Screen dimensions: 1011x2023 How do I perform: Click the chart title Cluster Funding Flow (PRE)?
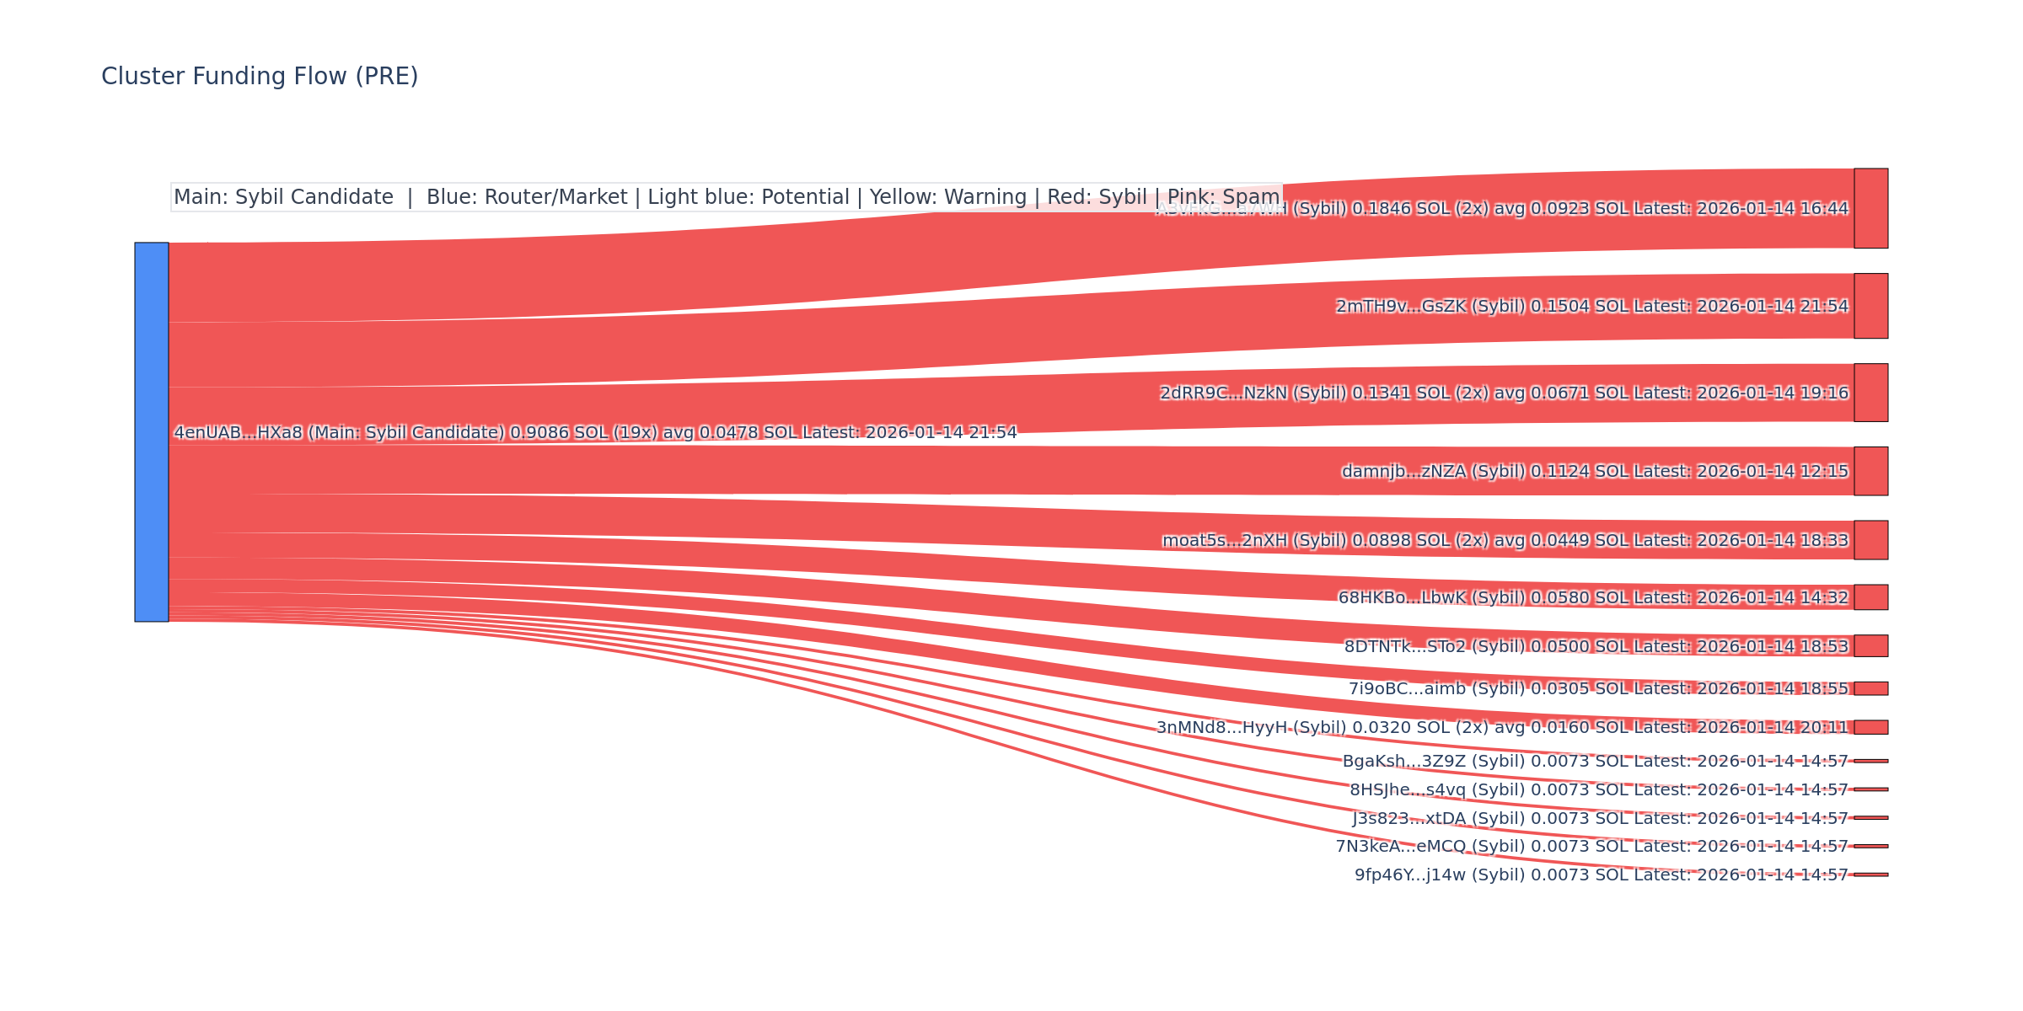pos(260,77)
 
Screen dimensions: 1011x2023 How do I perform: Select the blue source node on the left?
pos(152,431)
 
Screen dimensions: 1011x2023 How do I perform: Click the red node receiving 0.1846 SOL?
pos(1870,208)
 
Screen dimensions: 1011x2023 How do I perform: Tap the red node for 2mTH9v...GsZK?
pos(1870,306)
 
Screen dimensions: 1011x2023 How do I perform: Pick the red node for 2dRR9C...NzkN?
pos(1870,393)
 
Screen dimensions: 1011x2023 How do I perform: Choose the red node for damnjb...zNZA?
pos(1870,471)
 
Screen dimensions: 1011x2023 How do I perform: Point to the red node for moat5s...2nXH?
pos(1870,540)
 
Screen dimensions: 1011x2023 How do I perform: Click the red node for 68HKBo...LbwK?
pos(1870,597)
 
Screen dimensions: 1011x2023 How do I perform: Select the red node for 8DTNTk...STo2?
pos(1870,645)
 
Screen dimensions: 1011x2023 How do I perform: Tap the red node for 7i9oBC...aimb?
pos(1870,688)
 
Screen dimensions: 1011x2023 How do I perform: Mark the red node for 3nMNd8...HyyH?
pos(1870,727)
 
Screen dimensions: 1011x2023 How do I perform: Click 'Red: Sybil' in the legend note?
pos(1097,197)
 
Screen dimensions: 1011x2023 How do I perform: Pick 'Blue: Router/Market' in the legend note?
pos(527,197)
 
